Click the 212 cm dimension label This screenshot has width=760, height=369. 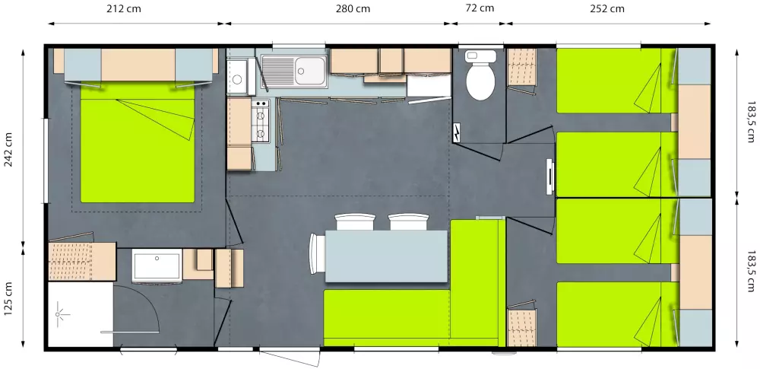click(124, 8)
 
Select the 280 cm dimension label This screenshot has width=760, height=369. click(353, 8)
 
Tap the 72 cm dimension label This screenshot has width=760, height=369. click(479, 8)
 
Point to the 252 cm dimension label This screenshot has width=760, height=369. click(606, 8)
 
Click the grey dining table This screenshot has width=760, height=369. click(386, 256)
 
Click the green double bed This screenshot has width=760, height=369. click(137, 143)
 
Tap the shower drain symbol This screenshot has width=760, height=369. click(59, 314)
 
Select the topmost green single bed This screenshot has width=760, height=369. click(616, 81)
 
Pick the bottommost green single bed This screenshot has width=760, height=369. click(616, 314)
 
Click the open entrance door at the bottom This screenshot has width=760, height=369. click(290, 357)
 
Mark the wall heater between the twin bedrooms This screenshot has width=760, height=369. click(549, 177)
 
